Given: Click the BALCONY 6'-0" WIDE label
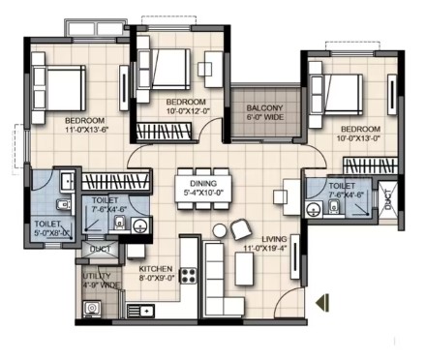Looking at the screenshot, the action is coord(265,112).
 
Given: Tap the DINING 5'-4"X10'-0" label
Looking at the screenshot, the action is coord(203,188).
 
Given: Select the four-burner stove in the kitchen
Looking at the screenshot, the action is coord(188,276).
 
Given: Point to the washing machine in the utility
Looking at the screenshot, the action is coord(92,309).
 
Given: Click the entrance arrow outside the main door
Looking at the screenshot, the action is coord(322,303).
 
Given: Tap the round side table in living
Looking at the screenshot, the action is coord(220,231).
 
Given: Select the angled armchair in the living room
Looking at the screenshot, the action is coord(241,229).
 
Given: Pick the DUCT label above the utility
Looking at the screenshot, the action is coord(101,250).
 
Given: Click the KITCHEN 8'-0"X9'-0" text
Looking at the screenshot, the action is coord(157,274).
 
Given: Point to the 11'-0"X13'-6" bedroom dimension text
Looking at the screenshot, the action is coord(86,130).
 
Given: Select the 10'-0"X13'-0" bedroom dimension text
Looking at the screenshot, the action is coord(361,138).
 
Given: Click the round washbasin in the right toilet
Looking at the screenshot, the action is coord(313,208).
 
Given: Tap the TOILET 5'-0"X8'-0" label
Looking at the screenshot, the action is coord(52,228).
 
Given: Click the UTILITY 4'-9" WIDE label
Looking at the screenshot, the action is coord(101,281).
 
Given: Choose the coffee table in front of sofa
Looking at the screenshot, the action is coord(244,269).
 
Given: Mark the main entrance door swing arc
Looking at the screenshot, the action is coord(284,294).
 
